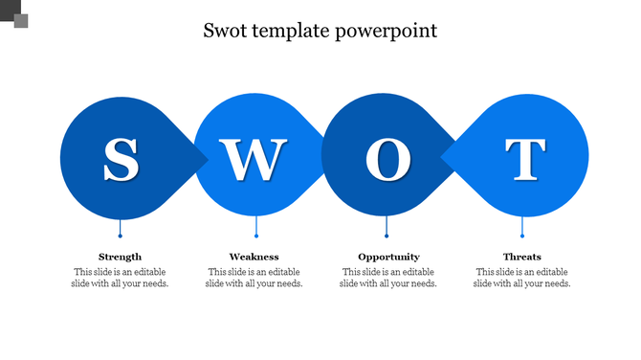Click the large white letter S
point(121,160)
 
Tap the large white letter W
point(254,160)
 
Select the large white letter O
point(387,160)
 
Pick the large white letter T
point(524,160)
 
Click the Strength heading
point(121,257)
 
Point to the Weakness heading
point(254,257)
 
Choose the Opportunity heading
point(388,257)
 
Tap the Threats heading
point(522,257)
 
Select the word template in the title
point(294,32)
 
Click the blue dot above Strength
point(121,236)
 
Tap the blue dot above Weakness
point(256,236)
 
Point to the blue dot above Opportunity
point(387,236)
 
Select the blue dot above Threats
point(522,236)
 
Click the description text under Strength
point(121,278)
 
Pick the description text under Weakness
point(254,278)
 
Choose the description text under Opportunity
point(388,278)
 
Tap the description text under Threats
point(522,278)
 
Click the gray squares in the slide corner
point(14,14)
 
